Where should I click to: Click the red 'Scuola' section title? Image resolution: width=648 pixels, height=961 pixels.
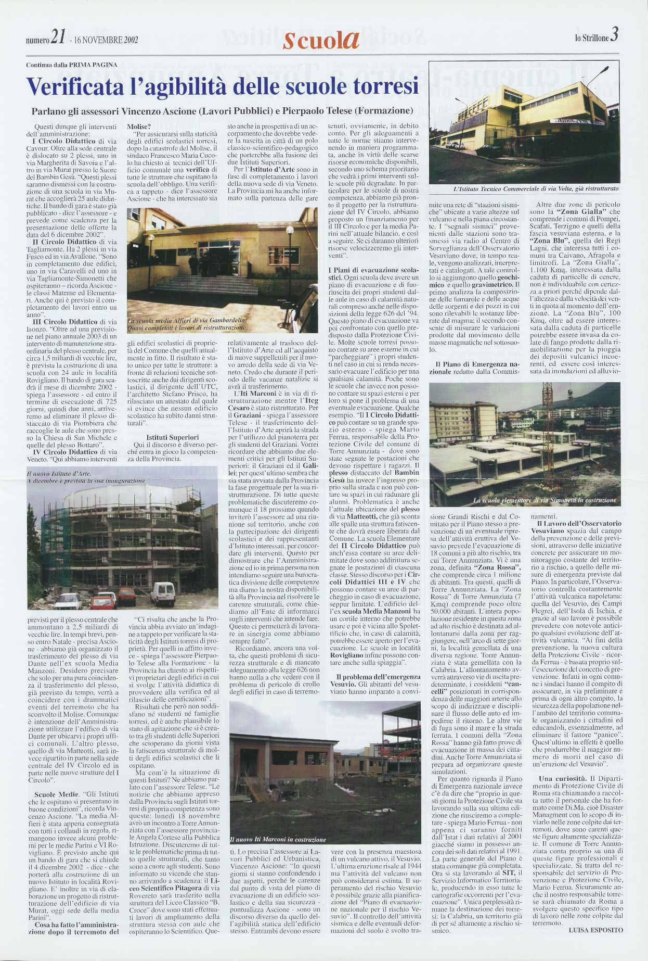tap(321, 41)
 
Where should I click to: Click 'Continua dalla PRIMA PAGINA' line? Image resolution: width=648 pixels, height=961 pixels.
tap(71, 65)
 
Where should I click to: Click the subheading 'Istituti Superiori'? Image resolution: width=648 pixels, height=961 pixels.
tap(173, 437)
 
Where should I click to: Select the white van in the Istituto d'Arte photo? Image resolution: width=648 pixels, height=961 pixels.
tap(163, 593)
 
